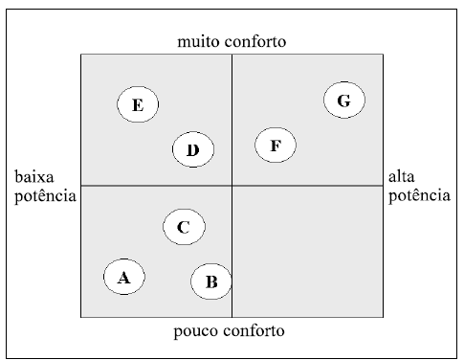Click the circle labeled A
(123, 278)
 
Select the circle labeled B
(211, 281)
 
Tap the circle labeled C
(184, 227)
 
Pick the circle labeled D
(192, 149)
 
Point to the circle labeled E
(138, 105)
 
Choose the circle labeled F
(276, 146)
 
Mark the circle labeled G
(344, 101)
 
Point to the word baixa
(35, 178)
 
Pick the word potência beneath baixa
(43, 195)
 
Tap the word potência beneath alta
(418, 195)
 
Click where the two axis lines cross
(232, 185)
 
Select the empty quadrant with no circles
(308, 251)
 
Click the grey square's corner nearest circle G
(383, 55)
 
